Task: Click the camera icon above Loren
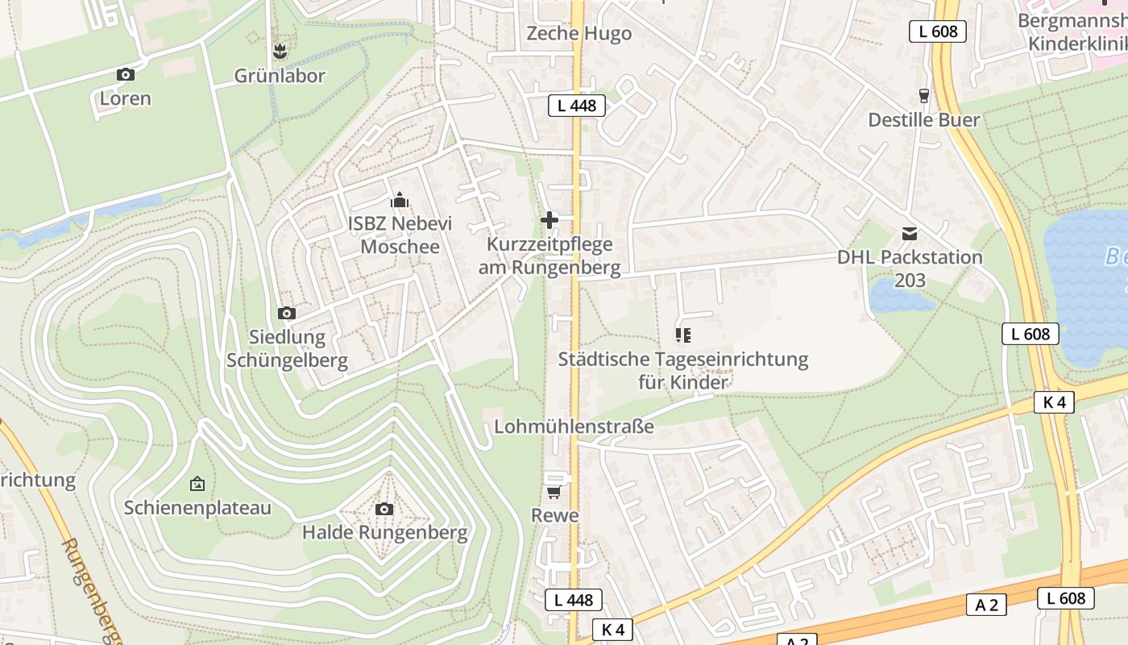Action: coord(125,74)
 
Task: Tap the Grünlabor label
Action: coord(280,76)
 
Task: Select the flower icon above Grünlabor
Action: coord(280,52)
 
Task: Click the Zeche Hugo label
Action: coord(579,34)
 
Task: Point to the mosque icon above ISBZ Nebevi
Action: coord(399,201)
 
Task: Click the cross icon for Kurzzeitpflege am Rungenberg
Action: coord(549,219)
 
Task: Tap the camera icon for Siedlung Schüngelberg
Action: coord(286,313)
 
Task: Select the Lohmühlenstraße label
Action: coord(574,426)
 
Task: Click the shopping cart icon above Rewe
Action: coord(554,491)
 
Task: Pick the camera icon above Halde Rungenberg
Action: coord(384,509)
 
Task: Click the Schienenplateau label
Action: coord(197,508)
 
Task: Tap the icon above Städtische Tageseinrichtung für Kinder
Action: coord(683,335)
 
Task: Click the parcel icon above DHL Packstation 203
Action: coord(910,234)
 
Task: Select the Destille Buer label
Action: coord(923,120)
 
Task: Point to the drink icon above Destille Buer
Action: coord(924,95)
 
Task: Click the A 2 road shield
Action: coord(986,605)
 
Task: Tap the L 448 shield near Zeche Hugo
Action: coord(576,105)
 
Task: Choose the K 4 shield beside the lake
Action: coord(1054,402)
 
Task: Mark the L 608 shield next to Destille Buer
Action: coord(938,31)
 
